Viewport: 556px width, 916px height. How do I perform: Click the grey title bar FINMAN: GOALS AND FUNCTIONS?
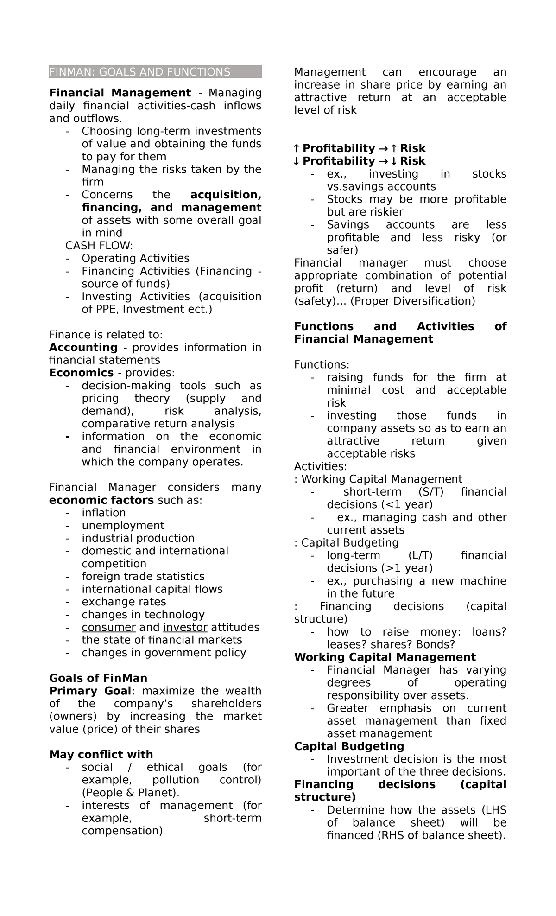pyautogui.click(x=155, y=72)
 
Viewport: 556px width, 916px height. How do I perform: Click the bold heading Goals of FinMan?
pyautogui.click(x=98, y=678)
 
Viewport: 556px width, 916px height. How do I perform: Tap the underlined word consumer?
pyautogui.click(x=108, y=627)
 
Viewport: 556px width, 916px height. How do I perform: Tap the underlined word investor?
pyautogui.click(x=185, y=627)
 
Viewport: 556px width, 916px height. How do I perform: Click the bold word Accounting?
pyautogui.click(x=83, y=348)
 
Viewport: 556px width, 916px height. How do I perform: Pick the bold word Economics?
pyautogui.click(x=81, y=373)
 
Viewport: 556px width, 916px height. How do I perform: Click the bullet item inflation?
pyautogui.click(x=104, y=513)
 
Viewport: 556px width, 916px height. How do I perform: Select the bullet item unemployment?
pyautogui.click(x=123, y=526)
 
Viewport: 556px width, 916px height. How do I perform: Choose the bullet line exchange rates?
pyautogui.click(x=124, y=602)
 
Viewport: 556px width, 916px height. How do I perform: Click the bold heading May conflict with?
pyautogui.click(x=101, y=754)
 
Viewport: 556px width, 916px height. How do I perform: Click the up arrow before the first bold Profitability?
pyautogui.click(x=297, y=148)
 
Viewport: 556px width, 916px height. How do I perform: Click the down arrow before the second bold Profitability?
pyautogui.click(x=297, y=161)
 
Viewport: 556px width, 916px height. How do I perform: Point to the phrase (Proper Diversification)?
pyautogui.click(x=412, y=301)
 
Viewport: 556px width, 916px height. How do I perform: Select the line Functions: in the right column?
pyautogui.click(x=322, y=365)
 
